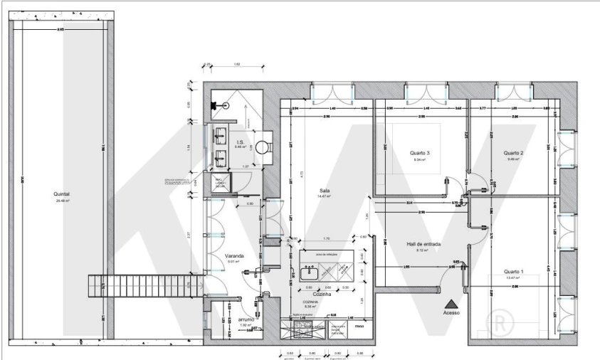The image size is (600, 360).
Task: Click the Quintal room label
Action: (x=63, y=193)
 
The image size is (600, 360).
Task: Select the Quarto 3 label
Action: (x=420, y=153)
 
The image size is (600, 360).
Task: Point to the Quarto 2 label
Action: (x=513, y=153)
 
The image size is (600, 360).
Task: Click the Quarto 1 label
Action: (x=513, y=270)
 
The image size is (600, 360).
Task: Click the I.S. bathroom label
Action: (x=241, y=142)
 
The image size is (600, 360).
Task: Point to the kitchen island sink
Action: (x=310, y=272)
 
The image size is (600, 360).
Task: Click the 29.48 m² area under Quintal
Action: (x=63, y=201)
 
